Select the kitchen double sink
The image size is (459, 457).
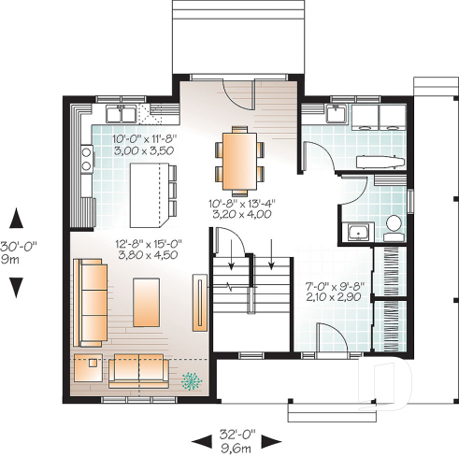click(x=122, y=116)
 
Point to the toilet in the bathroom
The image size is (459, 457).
click(x=394, y=224)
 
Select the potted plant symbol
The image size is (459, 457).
click(x=193, y=379)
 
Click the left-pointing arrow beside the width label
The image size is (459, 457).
click(x=199, y=439)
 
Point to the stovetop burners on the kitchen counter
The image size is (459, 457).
click(x=86, y=155)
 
